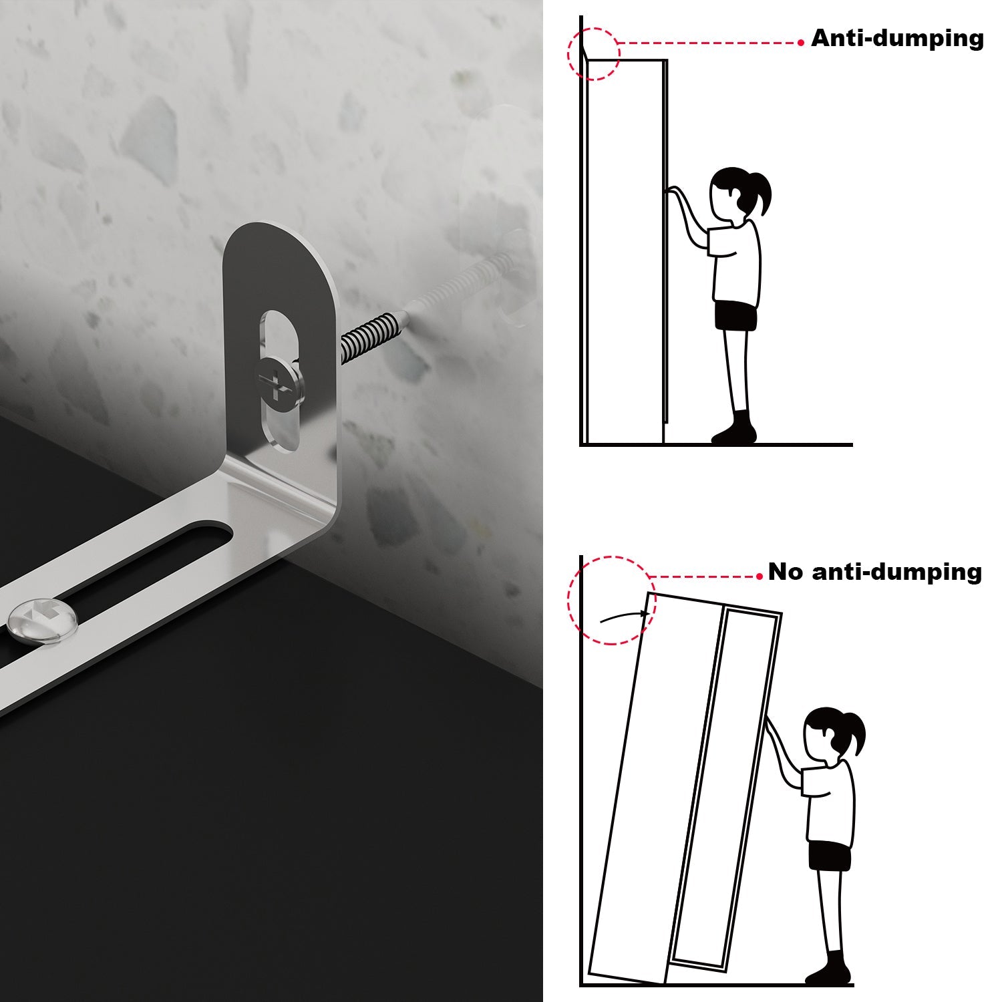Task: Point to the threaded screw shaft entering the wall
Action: coord(374,335)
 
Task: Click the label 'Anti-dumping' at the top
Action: coord(897,38)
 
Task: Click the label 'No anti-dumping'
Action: coord(875,572)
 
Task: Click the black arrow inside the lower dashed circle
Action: coord(625,616)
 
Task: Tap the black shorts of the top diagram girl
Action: coord(735,315)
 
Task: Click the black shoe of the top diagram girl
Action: coord(735,430)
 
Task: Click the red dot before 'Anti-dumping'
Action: coord(801,43)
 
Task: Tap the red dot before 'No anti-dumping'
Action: coord(760,576)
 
